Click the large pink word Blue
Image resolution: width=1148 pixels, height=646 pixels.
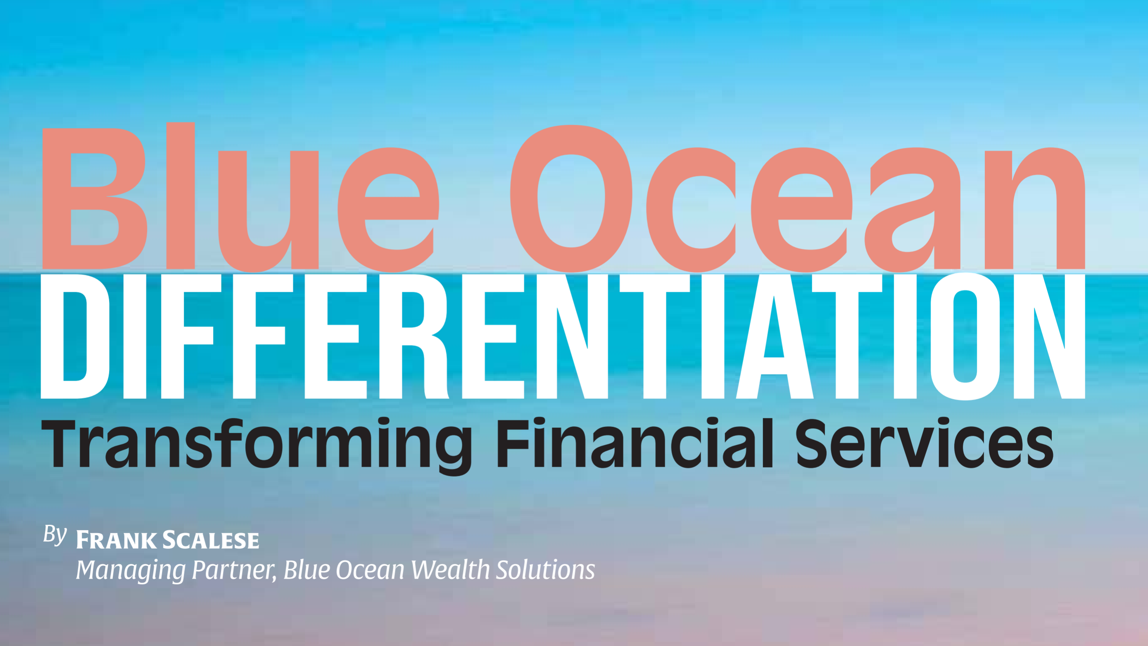coord(241,198)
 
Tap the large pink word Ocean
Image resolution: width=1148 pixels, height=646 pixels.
coord(798,199)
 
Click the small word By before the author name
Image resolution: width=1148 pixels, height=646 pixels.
coord(55,534)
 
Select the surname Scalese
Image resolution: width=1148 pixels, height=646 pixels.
coord(210,540)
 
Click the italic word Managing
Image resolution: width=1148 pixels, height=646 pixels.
coord(131,571)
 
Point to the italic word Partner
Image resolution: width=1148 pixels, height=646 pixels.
coord(234,570)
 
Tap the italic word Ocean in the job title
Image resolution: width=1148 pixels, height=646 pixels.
coord(370,570)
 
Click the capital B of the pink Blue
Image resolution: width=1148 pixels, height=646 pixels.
coord(95,199)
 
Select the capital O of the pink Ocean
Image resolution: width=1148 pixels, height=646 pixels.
coord(571,199)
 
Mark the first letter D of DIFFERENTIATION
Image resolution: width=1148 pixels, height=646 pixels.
coord(75,336)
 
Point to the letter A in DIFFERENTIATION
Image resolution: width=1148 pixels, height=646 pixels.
coord(775,336)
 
